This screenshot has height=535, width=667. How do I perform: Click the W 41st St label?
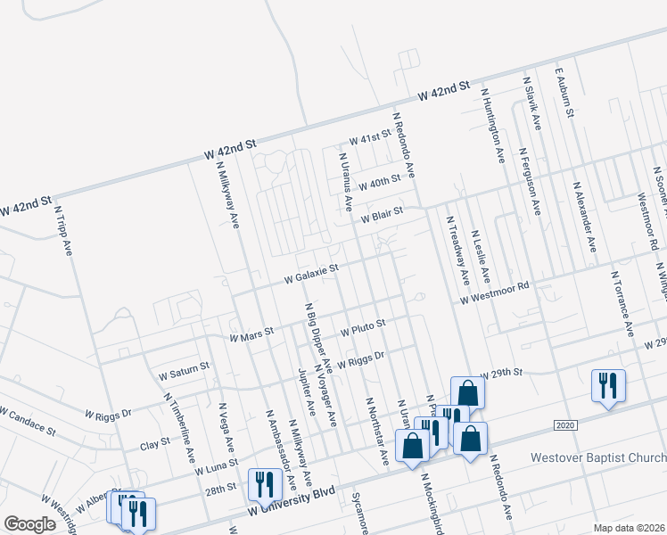click(x=370, y=138)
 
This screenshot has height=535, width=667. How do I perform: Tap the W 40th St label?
click(x=379, y=183)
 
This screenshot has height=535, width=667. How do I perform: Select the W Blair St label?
click(x=382, y=216)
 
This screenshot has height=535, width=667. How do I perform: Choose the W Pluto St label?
click(x=363, y=327)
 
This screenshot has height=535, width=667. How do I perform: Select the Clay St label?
click(x=155, y=444)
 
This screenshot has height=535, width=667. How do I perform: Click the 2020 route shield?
click(x=564, y=424)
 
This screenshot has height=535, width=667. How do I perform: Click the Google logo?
click(x=30, y=524)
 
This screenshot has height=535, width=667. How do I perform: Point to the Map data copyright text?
click(x=629, y=528)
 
